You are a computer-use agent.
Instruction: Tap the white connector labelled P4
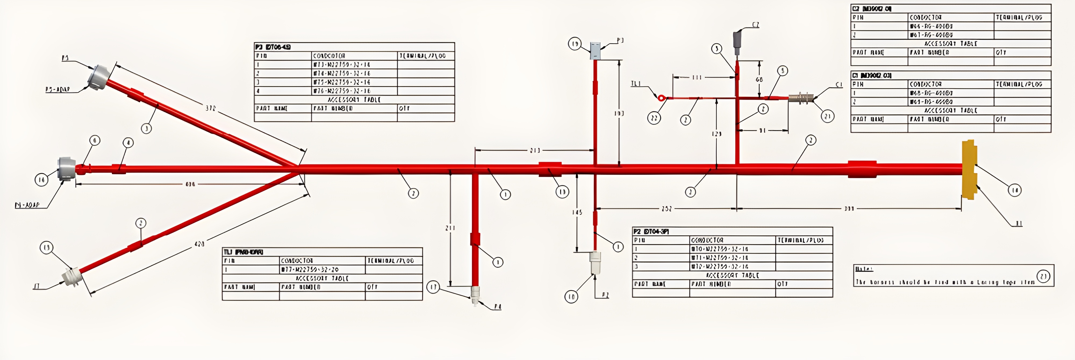[475, 294]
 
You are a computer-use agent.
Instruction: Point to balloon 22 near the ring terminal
[654, 118]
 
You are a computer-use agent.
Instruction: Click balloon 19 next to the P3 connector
[575, 44]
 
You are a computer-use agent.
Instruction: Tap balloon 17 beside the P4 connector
[433, 287]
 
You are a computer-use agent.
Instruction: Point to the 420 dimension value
[199, 244]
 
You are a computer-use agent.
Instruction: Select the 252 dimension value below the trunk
[666, 208]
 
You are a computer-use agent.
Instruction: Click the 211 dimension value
[450, 228]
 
